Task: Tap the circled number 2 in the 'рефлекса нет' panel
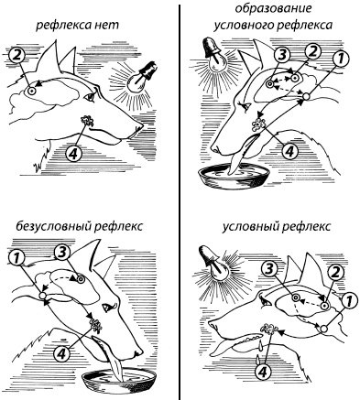pos(17,56)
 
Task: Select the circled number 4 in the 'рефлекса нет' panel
pos(73,153)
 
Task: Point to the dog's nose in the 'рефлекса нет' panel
pos(138,126)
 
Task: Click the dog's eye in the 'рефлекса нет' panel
pos(91,97)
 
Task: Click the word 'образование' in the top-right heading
pos(273,8)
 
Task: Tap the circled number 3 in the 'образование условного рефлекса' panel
pos(282,55)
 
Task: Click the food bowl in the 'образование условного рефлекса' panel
pos(234,176)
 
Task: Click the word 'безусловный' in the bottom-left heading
pos(52,226)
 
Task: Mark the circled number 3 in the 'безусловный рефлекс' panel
pos(62,253)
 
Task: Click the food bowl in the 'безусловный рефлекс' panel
pos(119,379)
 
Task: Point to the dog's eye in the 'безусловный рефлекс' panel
pos(108,307)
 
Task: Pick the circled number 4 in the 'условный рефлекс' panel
pos(263,372)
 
